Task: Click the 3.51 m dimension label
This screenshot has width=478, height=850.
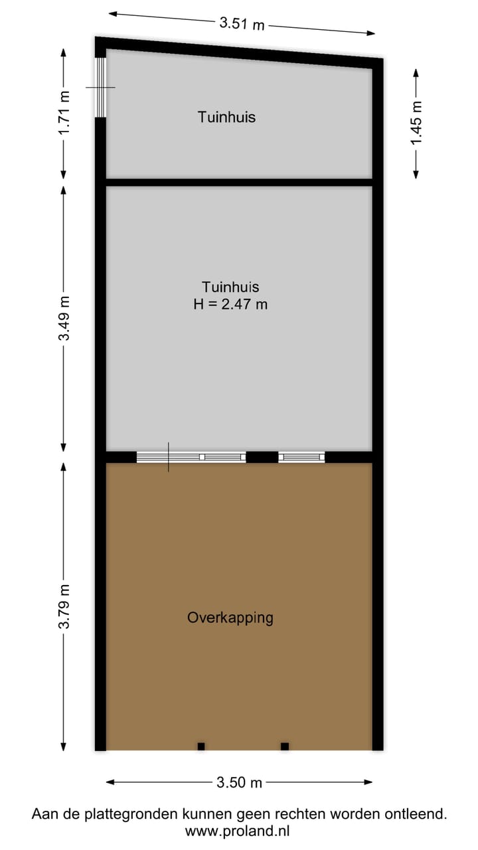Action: pyautogui.click(x=242, y=24)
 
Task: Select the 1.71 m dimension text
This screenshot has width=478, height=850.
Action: pyautogui.click(x=64, y=113)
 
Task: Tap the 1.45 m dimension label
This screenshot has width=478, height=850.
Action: pyautogui.click(x=416, y=123)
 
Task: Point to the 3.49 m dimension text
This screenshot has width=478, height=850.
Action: pyautogui.click(x=64, y=318)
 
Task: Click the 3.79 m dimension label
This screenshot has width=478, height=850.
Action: pyautogui.click(x=64, y=606)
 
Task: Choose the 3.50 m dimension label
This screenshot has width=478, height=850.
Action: pyautogui.click(x=240, y=783)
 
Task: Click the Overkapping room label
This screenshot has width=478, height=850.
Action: pyautogui.click(x=230, y=618)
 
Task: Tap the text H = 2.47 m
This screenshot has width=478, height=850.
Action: pyautogui.click(x=230, y=305)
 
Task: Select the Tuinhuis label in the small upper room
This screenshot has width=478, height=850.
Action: pyautogui.click(x=226, y=118)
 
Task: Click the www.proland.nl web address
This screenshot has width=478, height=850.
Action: pyautogui.click(x=238, y=830)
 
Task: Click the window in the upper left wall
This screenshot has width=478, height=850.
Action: pyautogui.click(x=100, y=88)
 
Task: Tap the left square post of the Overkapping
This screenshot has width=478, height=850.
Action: pyautogui.click(x=201, y=746)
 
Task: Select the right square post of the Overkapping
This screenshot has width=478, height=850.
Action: pyautogui.click(x=285, y=746)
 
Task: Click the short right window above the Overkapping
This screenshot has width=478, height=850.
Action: pyautogui.click(x=301, y=457)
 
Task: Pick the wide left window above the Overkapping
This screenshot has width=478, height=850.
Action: pyautogui.click(x=191, y=457)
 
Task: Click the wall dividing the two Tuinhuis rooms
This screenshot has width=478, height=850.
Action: pyautogui.click(x=239, y=182)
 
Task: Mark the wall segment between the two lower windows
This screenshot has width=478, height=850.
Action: pyautogui.click(x=262, y=457)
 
